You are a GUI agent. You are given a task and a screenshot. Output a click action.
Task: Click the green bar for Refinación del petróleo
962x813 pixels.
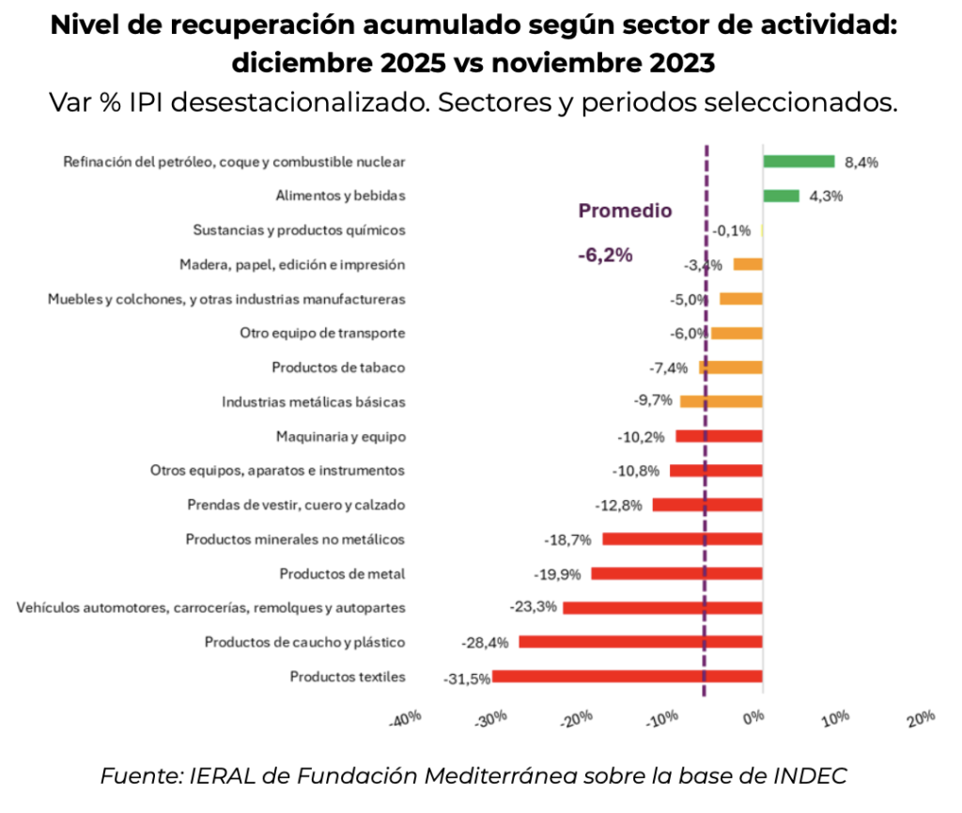point(799,162)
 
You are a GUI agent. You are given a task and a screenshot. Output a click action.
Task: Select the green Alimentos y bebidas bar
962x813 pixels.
point(781,195)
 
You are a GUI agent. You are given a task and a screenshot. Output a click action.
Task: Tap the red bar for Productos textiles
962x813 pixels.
point(627,676)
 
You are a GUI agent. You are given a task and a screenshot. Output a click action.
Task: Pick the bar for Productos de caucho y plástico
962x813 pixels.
point(641,642)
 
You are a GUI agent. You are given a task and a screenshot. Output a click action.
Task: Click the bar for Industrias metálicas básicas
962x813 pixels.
point(721,401)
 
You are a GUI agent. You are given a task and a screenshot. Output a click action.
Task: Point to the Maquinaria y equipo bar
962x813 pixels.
point(719,436)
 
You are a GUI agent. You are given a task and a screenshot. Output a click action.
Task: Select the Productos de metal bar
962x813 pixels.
point(676,573)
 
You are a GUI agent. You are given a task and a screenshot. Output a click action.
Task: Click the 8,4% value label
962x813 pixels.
point(861,162)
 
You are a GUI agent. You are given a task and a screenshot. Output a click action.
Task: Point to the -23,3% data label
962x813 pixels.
point(534,607)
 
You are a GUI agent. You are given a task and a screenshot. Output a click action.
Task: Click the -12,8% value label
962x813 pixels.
point(619,505)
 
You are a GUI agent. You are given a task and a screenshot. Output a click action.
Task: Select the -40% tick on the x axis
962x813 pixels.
point(406,719)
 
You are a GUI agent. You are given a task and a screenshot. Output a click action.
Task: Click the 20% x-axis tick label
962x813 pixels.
point(922,719)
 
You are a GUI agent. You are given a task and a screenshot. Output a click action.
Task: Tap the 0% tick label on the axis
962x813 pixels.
point(754,719)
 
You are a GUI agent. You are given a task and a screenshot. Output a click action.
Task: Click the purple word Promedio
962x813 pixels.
point(625,211)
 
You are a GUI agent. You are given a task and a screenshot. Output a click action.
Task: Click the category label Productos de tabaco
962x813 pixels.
point(338,367)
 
